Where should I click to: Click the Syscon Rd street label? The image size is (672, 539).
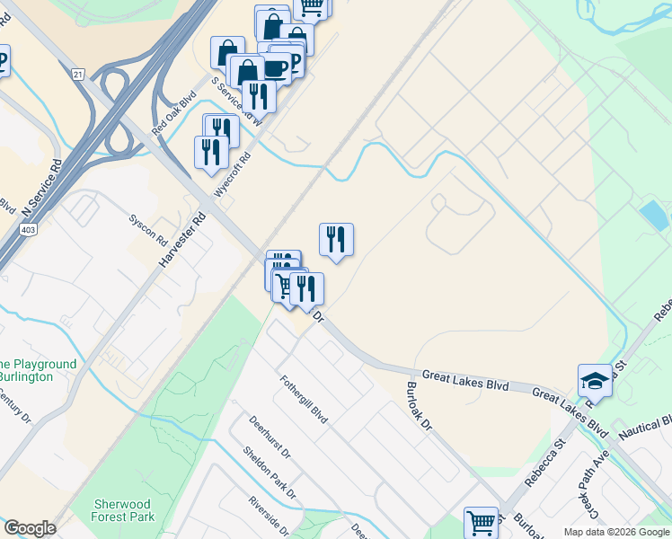pos(148,230)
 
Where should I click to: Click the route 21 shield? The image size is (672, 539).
pos(79,74)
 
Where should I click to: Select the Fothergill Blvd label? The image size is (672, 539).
pos(303,399)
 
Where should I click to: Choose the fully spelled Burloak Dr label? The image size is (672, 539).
pos(420,405)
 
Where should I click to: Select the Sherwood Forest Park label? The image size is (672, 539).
pos(124,510)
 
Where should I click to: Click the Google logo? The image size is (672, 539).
pos(30,528)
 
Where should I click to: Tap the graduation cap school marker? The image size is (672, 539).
pos(594,381)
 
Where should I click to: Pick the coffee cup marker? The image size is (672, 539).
pos(275,69)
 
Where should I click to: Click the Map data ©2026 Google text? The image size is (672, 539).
pos(615,532)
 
